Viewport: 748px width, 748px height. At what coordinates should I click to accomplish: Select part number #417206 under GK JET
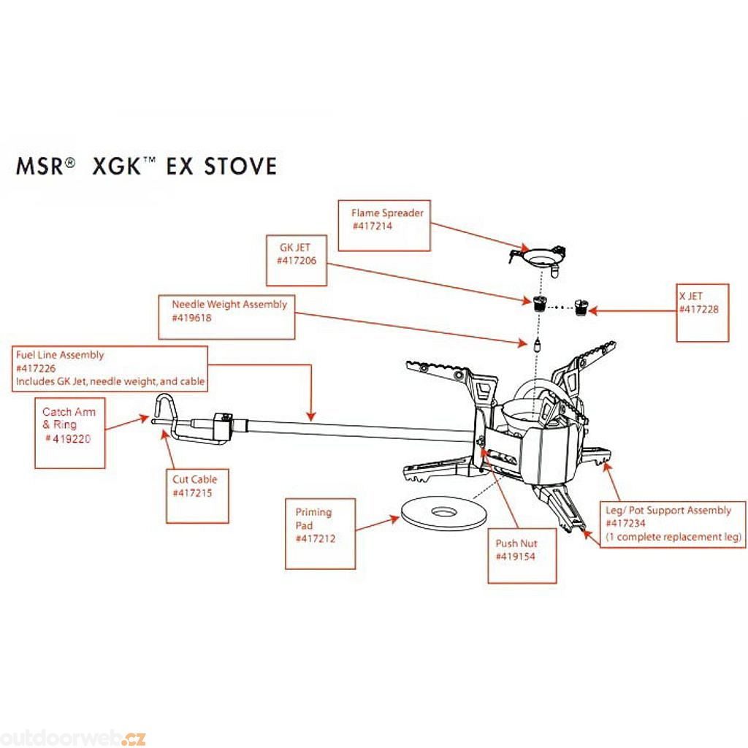coord(296,261)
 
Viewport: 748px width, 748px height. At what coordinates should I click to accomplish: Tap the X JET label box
coord(703,311)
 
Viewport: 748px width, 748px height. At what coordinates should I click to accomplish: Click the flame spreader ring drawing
coord(541,257)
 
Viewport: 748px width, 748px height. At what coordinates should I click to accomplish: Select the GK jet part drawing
coord(541,303)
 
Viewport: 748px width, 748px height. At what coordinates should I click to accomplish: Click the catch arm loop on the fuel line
coord(165,409)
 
